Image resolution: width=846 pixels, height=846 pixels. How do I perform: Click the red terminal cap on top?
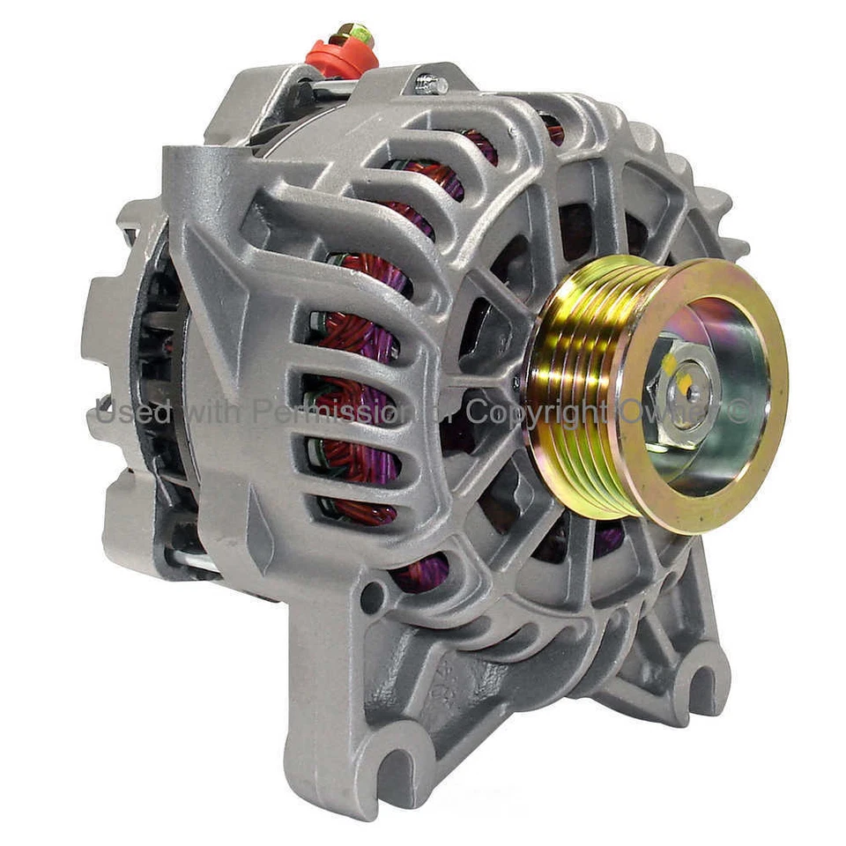coord(342,58)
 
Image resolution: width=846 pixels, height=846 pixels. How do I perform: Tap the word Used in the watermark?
coord(121,412)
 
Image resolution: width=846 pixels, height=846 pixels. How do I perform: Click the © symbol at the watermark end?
coord(738,411)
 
